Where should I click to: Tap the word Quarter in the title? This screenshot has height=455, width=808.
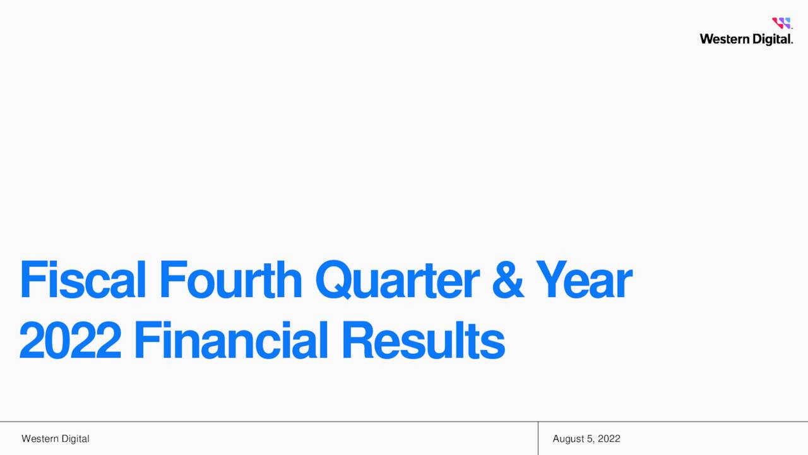[396, 281]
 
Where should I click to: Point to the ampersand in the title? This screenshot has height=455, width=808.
[508, 281]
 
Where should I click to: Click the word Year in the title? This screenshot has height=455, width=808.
[583, 281]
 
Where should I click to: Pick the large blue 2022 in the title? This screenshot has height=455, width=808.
[70, 340]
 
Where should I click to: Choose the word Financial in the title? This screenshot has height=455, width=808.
[232, 340]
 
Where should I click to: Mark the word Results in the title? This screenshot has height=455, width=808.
[423, 340]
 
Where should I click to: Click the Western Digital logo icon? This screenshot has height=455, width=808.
[781, 23]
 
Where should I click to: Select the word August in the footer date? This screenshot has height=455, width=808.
[567, 439]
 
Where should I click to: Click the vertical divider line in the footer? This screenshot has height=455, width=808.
[538, 438]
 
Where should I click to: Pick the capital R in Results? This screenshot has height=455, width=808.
[357, 340]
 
